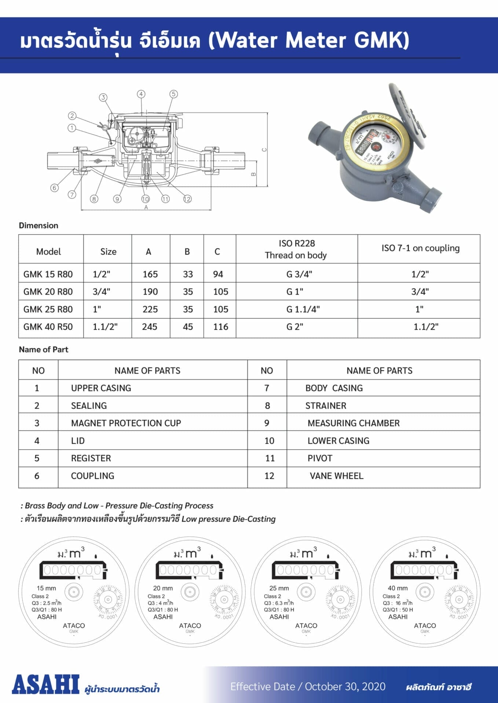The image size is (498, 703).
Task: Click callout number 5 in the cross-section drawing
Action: click(173, 94)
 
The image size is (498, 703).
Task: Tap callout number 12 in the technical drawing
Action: click(187, 199)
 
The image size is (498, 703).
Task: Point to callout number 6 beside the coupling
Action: click(54, 188)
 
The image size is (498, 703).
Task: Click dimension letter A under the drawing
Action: click(146, 207)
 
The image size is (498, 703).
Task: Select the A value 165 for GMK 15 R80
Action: click(150, 274)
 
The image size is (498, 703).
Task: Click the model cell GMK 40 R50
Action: click(48, 327)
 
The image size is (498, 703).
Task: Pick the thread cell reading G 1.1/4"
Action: click(303, 309)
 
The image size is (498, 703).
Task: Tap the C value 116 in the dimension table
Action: click(220, 327)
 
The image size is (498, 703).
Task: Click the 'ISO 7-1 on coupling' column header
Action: click(420, 248)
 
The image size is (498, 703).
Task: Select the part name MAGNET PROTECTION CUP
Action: click(126, 423)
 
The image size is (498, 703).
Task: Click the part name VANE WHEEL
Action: click(336, 476)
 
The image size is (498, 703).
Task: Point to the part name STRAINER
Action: click(326, 405)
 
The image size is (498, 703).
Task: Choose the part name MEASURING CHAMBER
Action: click(354, 423)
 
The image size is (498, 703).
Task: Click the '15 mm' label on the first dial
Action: click(46, 588)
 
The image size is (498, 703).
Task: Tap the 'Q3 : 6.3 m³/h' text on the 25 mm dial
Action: click(279, 603)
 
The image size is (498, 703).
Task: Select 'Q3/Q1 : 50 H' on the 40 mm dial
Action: click(398, 610)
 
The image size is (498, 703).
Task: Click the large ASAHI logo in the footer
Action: click(45, 684)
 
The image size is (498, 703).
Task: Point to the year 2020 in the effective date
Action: click(374, 687)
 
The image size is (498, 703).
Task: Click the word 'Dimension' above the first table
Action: click(39, 225)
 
